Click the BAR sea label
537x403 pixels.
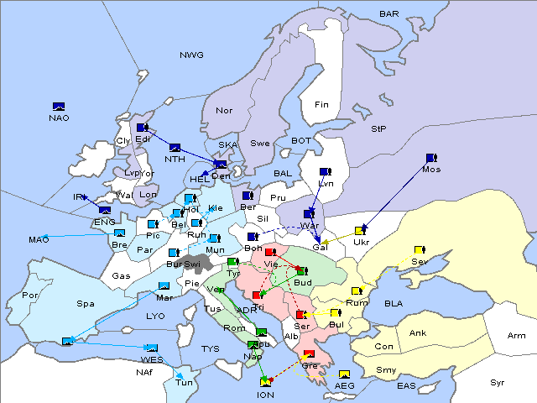click(389, 14)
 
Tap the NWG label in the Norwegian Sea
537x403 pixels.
click(191, 55)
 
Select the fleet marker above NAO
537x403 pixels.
click(59, 106)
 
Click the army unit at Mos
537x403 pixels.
click(431, 158)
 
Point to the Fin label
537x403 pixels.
click(321, 105)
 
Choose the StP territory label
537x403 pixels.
click(378, 129)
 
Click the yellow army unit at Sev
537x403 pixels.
click(420, 250)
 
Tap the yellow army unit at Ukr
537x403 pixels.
click(361, 231)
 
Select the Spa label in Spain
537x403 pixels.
click(85, 303)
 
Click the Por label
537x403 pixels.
click(31, 296)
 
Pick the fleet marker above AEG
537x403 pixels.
click(344, 374)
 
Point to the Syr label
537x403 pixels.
click(498, 382)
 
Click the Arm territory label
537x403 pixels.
click(517, 336)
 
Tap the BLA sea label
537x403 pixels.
click(394, 303)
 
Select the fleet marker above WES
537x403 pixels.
click(151, 348)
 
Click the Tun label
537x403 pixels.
click(184, 383)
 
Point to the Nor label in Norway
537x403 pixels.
click(224, 111)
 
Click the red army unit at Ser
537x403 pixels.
click(300, 315)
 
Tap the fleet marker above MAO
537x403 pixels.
click(119, 233)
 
